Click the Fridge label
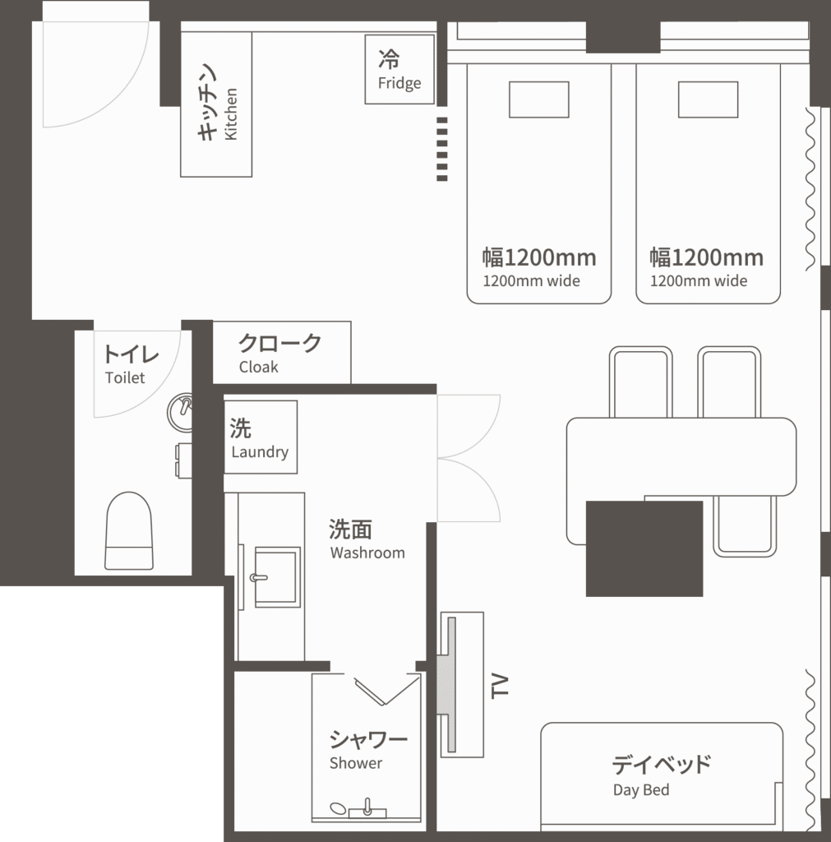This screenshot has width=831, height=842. (399, 83)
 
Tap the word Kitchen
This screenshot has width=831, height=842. (231, 114)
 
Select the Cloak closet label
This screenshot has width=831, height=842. (259, 367)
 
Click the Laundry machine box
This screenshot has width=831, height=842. (261, 437)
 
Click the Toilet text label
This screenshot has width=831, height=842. (125, 377)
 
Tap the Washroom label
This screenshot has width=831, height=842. (367, 553)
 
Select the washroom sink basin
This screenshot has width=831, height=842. (277, 577)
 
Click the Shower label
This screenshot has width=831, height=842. (356, 763)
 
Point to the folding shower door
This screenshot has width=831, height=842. (386, 690)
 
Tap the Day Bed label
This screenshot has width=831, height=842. (641, 790)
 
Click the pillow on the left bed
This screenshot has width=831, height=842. (539, 99)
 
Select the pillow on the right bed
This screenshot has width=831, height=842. (708, 99)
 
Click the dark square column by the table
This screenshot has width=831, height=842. (644, 548)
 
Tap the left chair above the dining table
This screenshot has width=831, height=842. (641, 382)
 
